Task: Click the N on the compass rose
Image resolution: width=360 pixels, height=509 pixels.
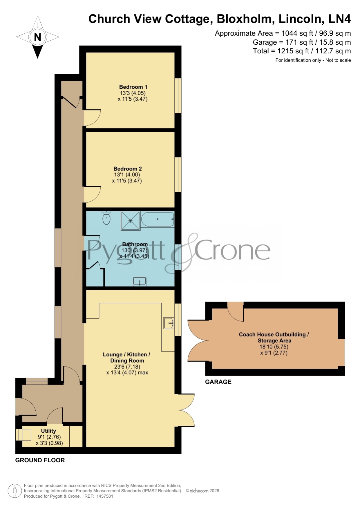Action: [x=37, y=37]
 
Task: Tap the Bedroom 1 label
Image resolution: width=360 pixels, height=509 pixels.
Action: [x=133, y=87]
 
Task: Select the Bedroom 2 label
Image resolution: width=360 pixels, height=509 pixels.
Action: [x=128, y=169]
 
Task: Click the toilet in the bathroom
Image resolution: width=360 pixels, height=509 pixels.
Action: [x=106, y=218]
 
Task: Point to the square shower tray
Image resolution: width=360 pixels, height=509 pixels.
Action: [x=131, y=221]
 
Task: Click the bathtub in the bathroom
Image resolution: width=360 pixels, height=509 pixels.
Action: [x=158, y=219]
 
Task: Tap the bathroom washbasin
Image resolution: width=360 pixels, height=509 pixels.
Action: [x=140, y=281]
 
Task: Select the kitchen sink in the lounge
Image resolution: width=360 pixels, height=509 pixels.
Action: [x=169, y=323]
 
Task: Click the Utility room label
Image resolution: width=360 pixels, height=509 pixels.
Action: [x=48, y=431]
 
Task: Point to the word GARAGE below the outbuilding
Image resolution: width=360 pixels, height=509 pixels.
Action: [x=218, y=382]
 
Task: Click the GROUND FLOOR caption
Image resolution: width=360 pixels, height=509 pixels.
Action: [x=40, y=460]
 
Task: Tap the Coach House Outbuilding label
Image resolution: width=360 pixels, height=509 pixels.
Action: [x=274, y=337]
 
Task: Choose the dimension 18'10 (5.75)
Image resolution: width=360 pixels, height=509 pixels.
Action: [x=274, y=347]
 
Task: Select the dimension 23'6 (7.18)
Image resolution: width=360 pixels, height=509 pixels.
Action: [x=127, y=367]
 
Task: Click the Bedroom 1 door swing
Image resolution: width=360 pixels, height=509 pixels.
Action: [x=93, y=117]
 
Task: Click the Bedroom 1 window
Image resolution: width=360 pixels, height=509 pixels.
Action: [x=178, y=95]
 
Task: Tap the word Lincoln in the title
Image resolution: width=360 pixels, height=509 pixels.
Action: [x=300, y=19]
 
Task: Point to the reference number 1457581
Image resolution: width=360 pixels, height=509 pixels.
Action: [x=104, y=496]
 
